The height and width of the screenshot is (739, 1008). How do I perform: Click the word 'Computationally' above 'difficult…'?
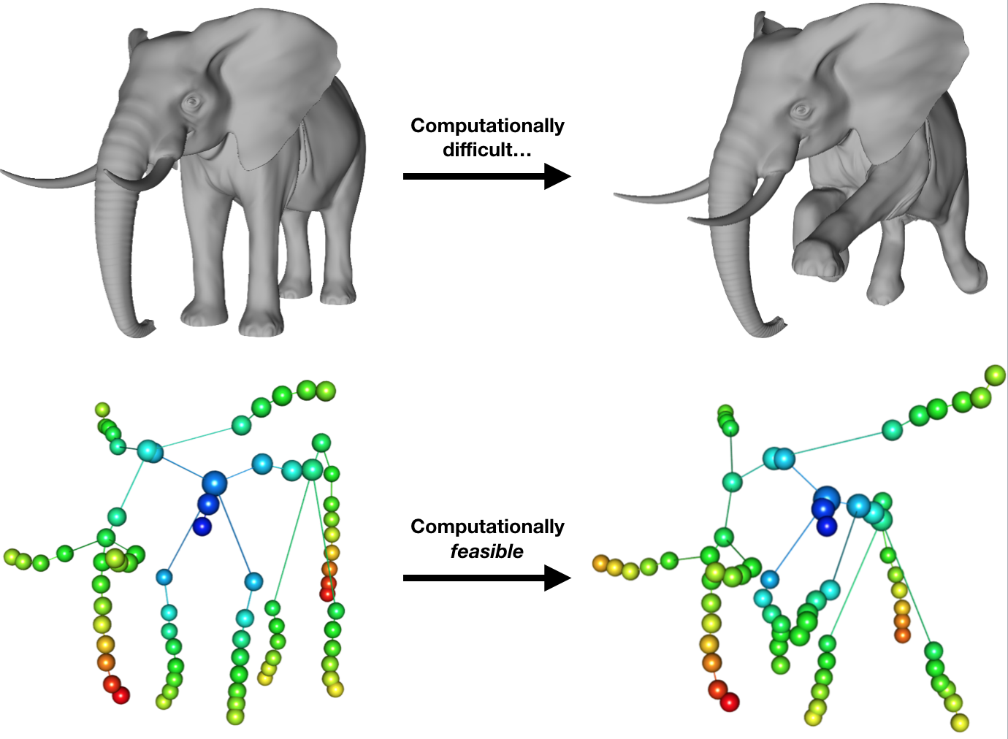(x=487, y=126)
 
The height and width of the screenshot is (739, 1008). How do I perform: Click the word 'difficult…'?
(x=487, y=150)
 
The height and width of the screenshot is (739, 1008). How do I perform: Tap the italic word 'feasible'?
(x=486, y=551)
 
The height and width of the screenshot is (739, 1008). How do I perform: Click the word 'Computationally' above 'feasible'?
(x=487, y=527)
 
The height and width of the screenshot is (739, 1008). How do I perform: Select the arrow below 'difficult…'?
(x=486, y=176)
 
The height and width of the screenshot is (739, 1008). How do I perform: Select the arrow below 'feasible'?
(x=486, y=578)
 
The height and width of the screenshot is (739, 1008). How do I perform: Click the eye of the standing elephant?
(x=194, y=102)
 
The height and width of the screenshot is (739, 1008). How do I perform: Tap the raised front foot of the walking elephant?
(x=818, y=259)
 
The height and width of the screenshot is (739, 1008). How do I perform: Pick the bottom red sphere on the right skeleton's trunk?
(x=729, y=702)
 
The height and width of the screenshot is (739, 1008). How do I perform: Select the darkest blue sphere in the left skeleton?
(x=202, y=526)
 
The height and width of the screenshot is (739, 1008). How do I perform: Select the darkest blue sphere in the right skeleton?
(x=826, y=526)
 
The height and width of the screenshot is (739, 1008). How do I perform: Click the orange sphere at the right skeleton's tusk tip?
(x=600, y=562)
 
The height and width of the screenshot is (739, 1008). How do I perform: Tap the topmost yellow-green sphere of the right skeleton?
(x=995, y=375)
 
